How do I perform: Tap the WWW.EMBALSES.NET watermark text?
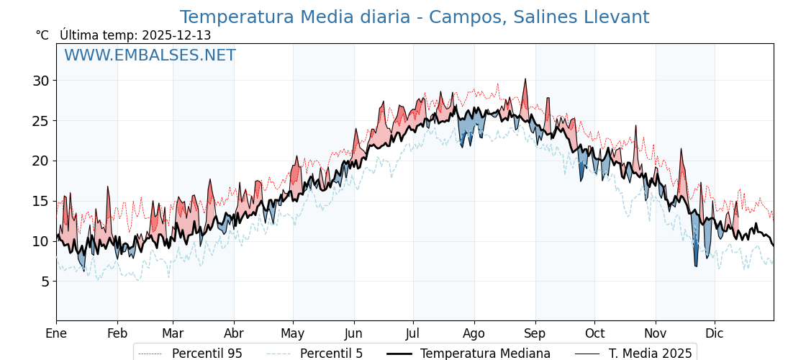pyautogui.click(x=150, y=55)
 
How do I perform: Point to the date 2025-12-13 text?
pyautogui.click(x=176, y=35)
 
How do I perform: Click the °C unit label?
pyautogui.click(x=42, y=35)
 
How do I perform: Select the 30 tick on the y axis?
pyautogui.click(x=40, y=81)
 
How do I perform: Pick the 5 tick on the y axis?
pyautogui.click(x=45, y=282)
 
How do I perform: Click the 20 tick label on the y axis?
pyautogui.click(x=40, y=161)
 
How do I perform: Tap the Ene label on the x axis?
pyautogui.click(x=56, y=333)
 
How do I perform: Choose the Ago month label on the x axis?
pyautogui.click(x=474, y=333)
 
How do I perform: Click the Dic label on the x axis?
pyautogui.click(x=715, y=333)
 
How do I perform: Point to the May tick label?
pyautogui.click(x=293, y=333)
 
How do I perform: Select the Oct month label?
pyautogui.click(x=594, y=333)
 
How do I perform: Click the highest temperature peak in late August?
pyautogui.click(x=525, y=80)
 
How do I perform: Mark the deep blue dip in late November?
pyautogui.click(x=696, y=265)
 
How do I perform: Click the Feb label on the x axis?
pyautogui.click(x=117, y=333)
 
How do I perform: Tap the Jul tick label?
pyautogui.click(x=413, y=333)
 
